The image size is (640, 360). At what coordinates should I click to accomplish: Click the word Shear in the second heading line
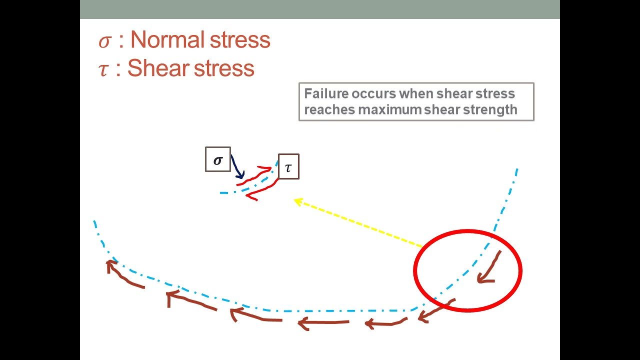coord(158,68)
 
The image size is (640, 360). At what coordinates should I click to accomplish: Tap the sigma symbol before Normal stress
coord(104,41)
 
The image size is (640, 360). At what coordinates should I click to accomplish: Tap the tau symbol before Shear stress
coord(103,70)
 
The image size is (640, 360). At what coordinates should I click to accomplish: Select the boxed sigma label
coord(218,159)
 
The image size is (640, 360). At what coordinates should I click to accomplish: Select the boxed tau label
coord(288,166)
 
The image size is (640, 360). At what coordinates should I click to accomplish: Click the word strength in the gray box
coord(490,110)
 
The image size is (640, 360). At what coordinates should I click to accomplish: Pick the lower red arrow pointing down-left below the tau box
coord(263,189)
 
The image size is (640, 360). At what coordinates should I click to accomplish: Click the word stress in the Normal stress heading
coord(240,40)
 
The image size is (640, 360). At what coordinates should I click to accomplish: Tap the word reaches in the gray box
coord(329,109)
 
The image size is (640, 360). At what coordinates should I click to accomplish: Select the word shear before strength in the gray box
coord(442,109)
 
